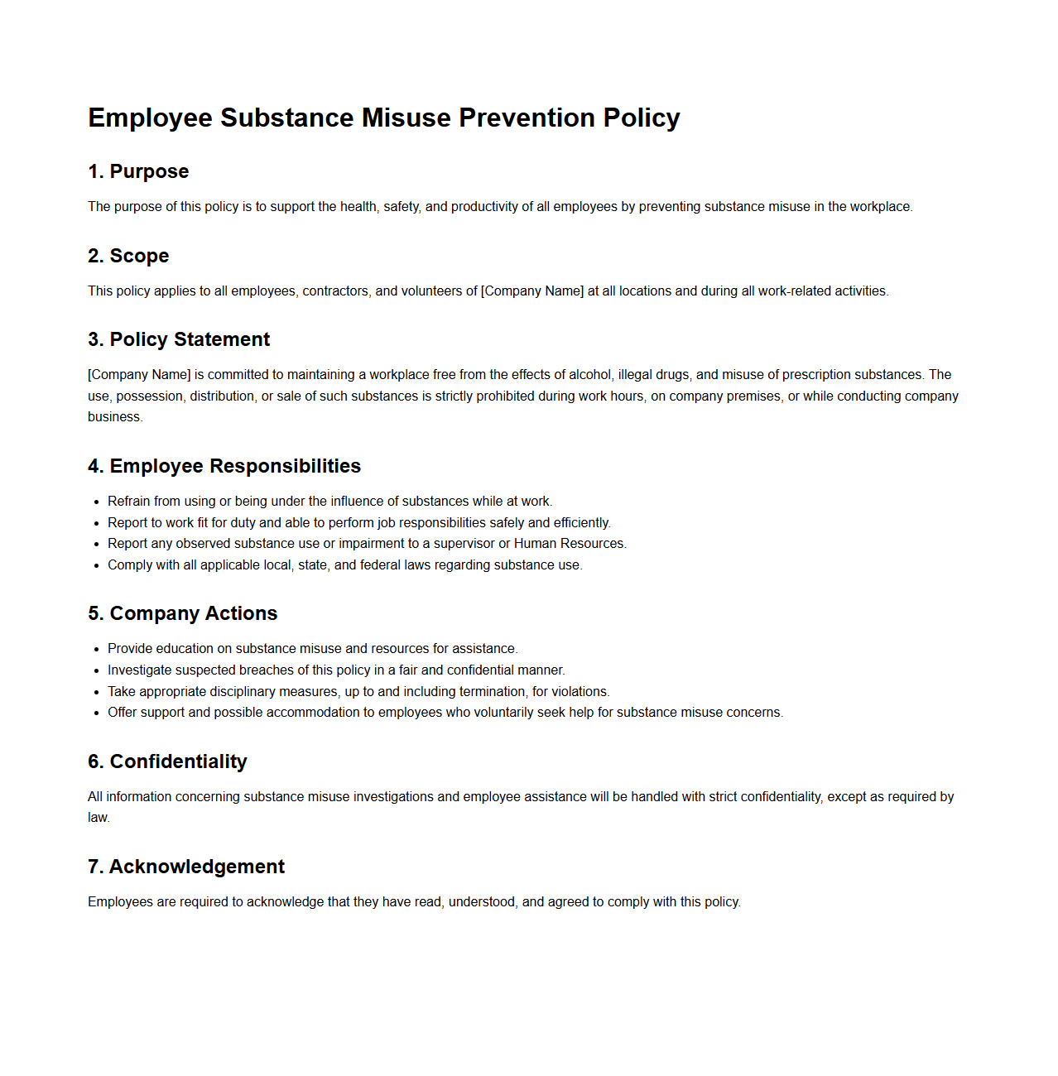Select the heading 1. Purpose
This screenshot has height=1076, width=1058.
click(x=138, y=171)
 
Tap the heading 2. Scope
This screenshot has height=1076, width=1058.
click(x=128, y=256)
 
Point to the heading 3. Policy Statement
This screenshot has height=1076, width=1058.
click(x=179, y=339)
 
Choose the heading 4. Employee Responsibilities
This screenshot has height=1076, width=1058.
click(x=224, y=466)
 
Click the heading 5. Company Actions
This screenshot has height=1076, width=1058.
click(x=182, y=613)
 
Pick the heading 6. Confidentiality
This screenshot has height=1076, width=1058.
click(x=167, y=761)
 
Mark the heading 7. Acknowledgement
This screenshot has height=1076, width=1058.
click(x=186, y=867)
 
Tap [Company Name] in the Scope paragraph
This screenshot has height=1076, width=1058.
click(x=532, y=291)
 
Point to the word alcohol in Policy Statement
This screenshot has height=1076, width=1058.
click(x=590, y=375)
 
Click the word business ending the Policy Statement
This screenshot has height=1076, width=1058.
click(x=114, y=417)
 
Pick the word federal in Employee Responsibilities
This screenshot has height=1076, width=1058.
click(x=380, y=565)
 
